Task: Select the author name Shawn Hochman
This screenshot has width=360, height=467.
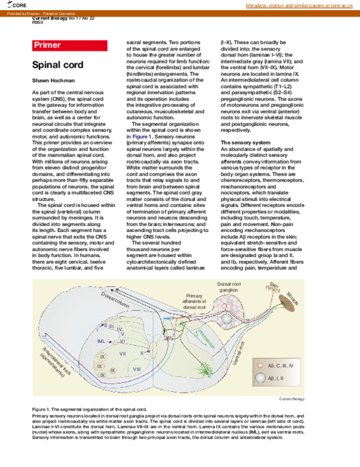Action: tap(55, 80)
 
